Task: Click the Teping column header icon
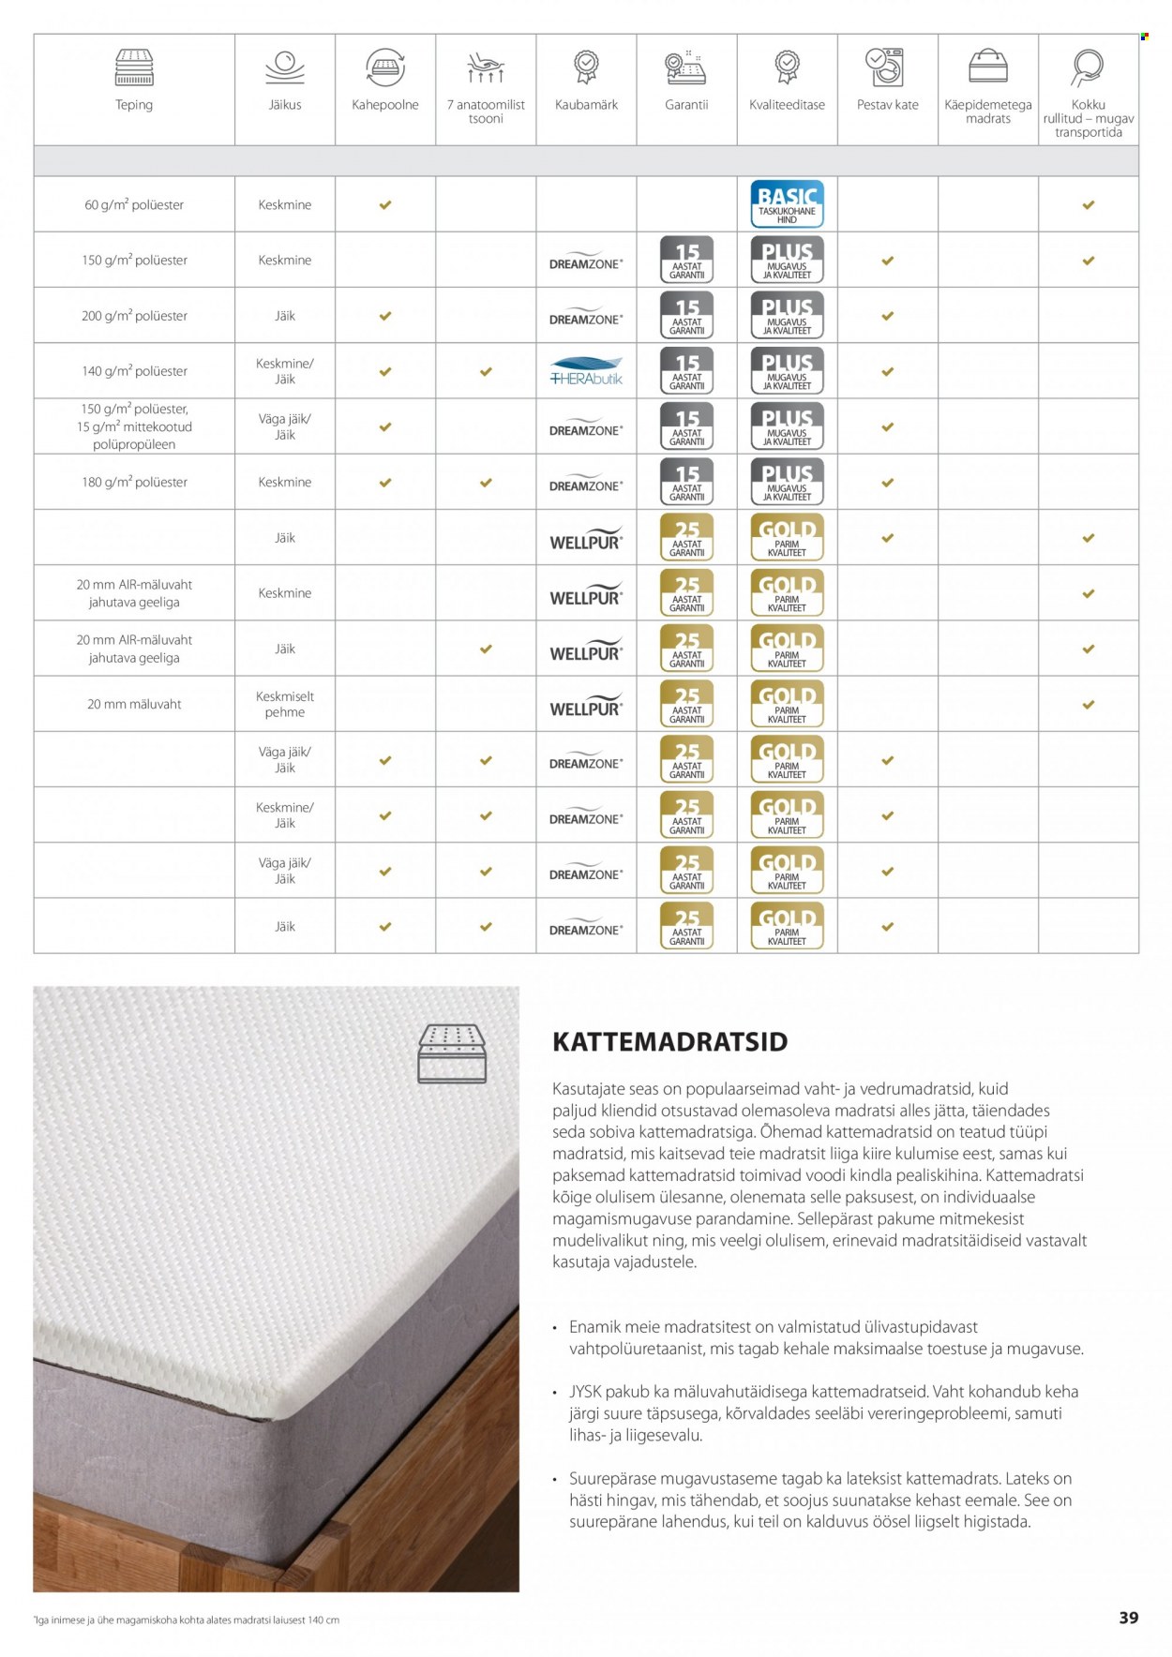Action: [134, 67]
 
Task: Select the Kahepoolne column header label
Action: [385, 105]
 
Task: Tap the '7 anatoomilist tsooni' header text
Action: [486, 112]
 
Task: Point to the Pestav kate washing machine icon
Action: [887, 67]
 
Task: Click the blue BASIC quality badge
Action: [787, 204]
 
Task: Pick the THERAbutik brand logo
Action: [586, 371]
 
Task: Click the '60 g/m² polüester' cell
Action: [134, 204]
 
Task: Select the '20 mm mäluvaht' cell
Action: [134, 704]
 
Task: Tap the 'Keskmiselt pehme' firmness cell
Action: [285, 704]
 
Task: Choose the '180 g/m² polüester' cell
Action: [134, 482]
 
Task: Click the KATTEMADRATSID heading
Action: [669, 1041]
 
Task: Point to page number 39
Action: [1128, 1618]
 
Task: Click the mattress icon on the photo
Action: [452, 1053]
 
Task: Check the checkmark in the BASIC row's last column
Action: [1088, 204]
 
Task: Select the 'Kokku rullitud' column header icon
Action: [1088, 67]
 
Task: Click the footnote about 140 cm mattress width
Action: [187, 1620]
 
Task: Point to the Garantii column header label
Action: [686, 105]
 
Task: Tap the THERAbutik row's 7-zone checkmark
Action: [486, 372]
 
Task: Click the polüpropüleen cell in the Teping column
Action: [134, 426]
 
